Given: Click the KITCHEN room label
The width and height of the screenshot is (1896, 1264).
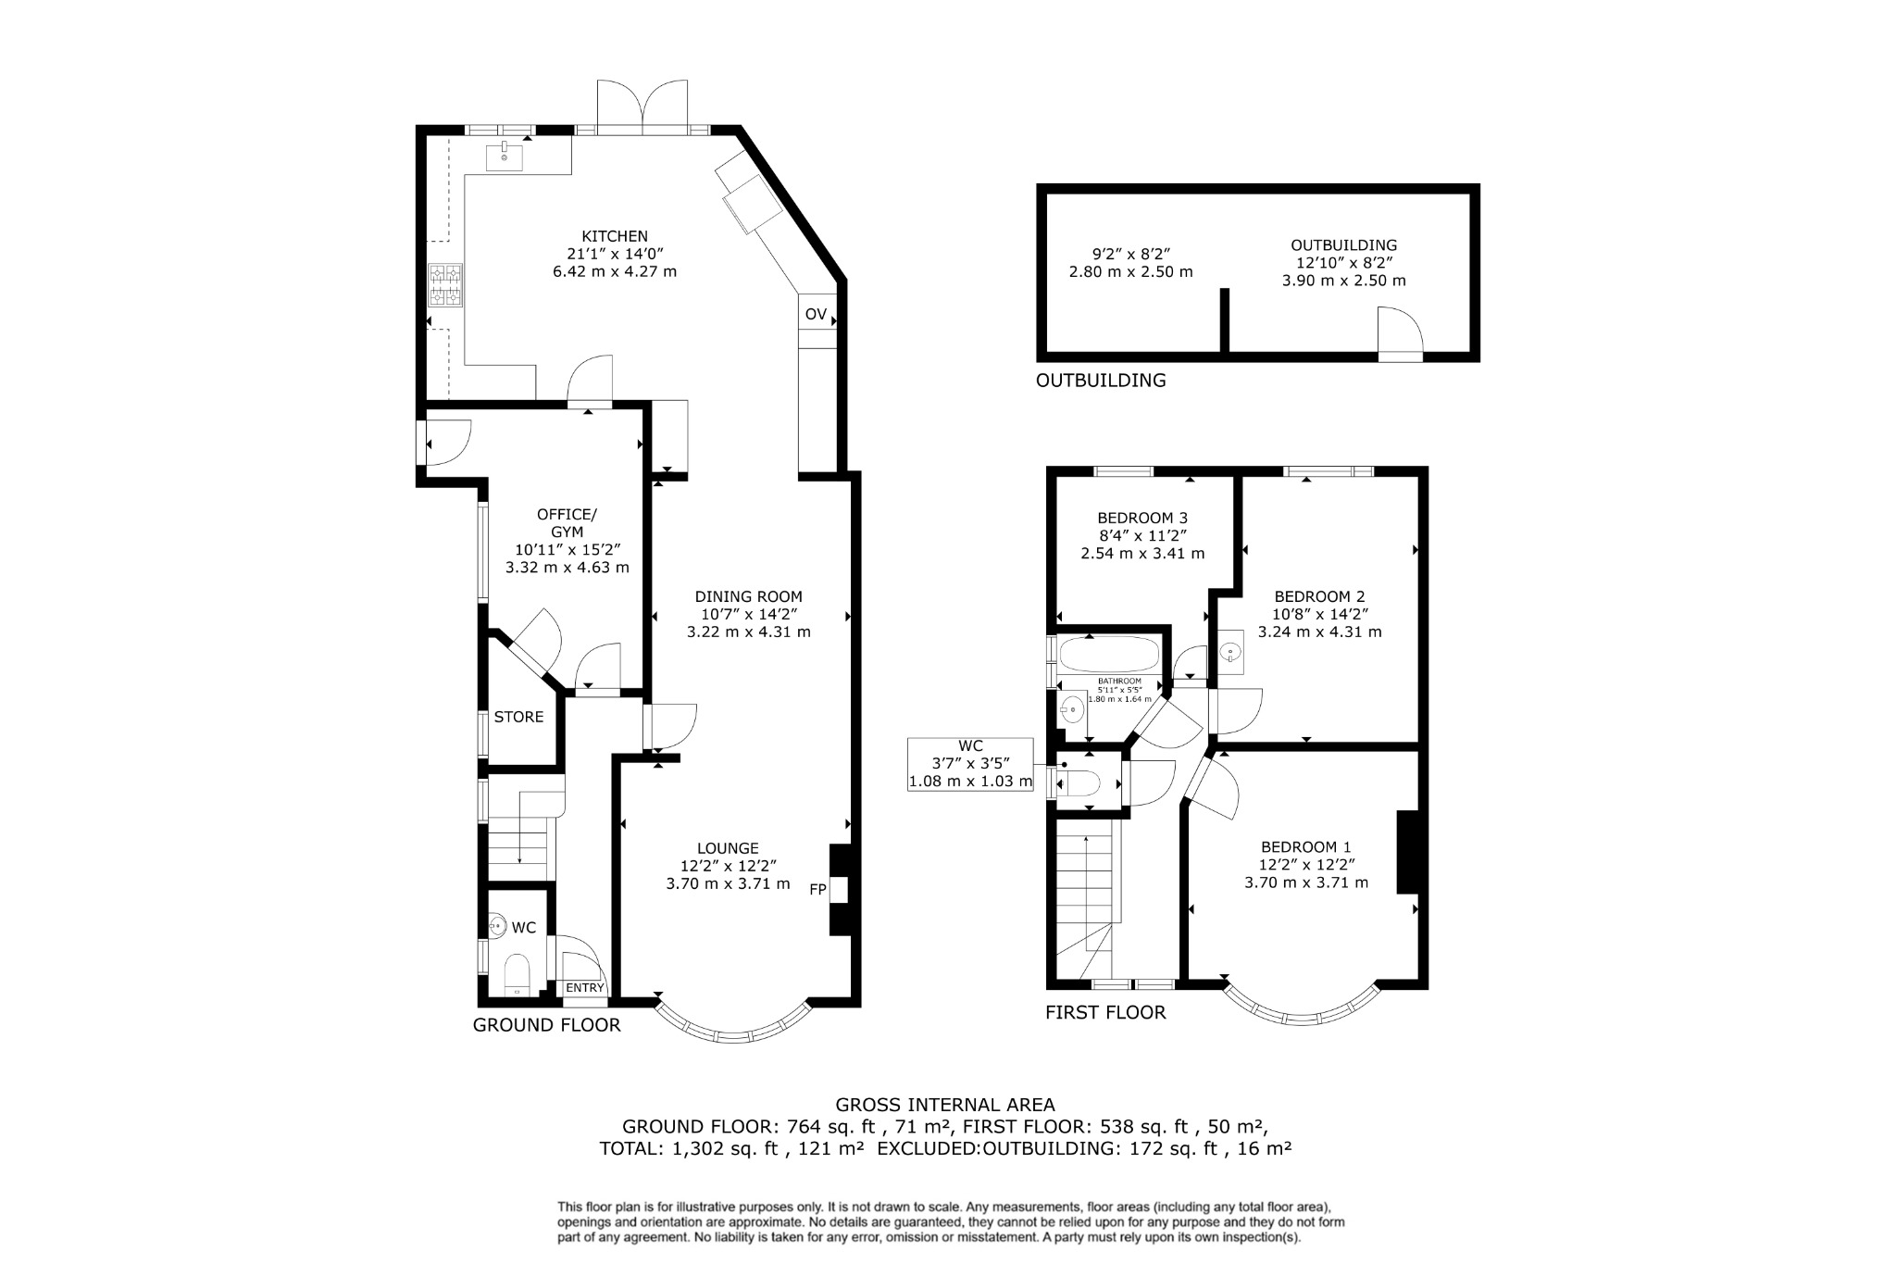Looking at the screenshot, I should coord(614,236).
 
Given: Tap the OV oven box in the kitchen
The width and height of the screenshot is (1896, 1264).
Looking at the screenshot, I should coord(816,314).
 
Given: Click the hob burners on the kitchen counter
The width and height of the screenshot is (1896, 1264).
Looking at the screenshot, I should coord(445,285).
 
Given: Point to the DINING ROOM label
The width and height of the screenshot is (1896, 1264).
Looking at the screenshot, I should coord(748,596).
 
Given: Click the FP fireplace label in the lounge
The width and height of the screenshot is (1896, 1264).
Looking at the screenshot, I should coord(817,890).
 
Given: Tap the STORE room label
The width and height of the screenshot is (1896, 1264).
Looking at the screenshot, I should coord(518,717).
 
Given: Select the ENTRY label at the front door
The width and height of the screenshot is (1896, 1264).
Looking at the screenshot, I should coord(584,988).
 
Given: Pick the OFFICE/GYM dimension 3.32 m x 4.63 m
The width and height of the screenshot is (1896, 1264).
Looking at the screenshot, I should coord(567,567).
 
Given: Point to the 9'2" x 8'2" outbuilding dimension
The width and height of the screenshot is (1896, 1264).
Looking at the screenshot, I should coord(1129,254).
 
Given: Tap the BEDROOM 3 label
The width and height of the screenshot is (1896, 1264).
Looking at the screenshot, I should coord(1142,518).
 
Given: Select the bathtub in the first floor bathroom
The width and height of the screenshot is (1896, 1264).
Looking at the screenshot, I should coord(1108,655).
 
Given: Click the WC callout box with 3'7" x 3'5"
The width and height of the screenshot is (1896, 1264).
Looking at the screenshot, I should coord(970,764).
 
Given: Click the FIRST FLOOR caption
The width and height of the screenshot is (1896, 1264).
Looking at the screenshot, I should coord(1105,1012).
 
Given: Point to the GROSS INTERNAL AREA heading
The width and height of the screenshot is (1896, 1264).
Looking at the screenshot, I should coord(944,1104).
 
